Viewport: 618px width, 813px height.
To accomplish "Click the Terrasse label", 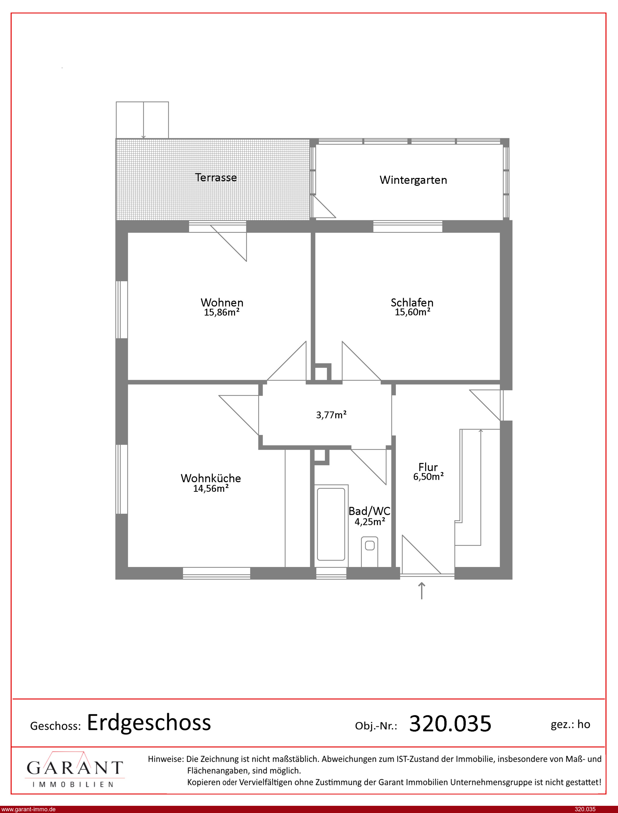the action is point(216,177).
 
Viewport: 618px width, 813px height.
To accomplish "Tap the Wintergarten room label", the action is point(413,180).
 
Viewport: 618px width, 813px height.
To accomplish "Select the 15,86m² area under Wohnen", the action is point(222,312).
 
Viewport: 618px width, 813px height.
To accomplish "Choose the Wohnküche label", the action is point(211,478).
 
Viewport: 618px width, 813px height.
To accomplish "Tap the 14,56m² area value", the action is point(211,488).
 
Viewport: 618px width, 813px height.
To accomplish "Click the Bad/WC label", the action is point(369,511).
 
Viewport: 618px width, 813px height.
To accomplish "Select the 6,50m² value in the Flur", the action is point(428,477).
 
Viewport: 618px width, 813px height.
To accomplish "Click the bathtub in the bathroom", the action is point(331,524).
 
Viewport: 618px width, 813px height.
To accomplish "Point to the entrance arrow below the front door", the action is point(422,591).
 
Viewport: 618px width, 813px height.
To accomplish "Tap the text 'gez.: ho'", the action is point(570,724).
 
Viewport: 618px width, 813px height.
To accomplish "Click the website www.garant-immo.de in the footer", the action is point(28,809).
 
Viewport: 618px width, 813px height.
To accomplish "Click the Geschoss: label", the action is point(55,726).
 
